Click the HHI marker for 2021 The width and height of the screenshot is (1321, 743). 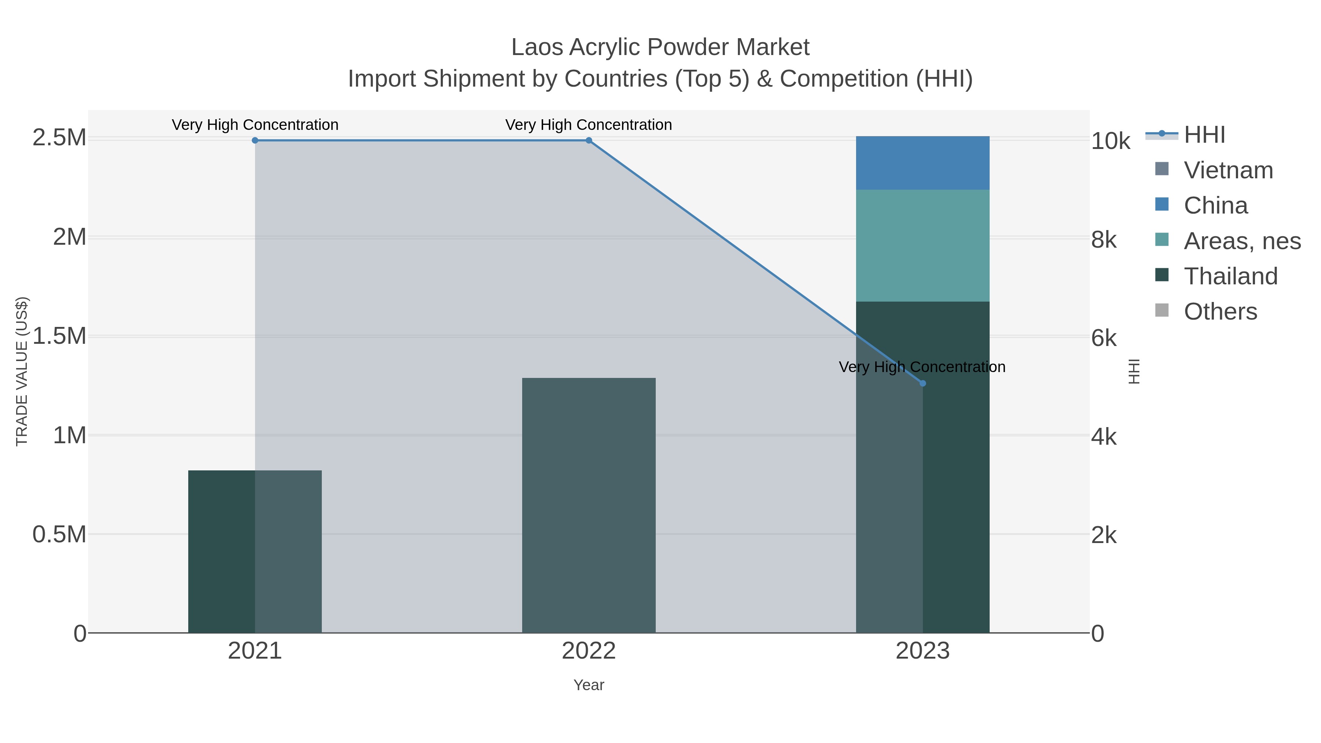coord(255,141)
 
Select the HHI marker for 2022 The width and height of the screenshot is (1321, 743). coord(589,141)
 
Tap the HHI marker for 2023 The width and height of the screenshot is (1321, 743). coord(922,383)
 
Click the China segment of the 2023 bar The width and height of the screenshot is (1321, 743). coord(922,163)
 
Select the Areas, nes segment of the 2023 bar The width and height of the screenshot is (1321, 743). coord(922,245)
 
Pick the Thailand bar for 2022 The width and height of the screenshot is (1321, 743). coord(589,505)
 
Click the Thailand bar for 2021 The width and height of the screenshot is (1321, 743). coord(255,551)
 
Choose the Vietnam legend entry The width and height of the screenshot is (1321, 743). coord(1228,170)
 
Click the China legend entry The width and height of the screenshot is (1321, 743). coord(1215,205)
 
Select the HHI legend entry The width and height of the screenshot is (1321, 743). coord(1204,135)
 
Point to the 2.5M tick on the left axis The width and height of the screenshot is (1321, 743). coord(59,138)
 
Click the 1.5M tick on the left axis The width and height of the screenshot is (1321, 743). coord(59,336)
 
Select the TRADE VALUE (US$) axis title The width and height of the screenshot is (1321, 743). coord(22,371)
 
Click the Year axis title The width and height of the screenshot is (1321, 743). coord(589,685)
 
